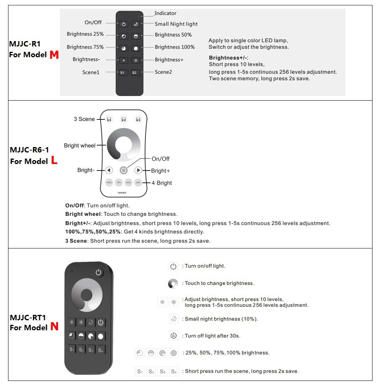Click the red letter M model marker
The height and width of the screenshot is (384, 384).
pos(54,55)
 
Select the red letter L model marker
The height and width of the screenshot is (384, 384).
pos(54,161)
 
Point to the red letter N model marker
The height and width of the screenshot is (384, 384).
pos(55,327)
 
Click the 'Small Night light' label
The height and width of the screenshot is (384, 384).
pos(176,24)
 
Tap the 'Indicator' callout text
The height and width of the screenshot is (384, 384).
pos(166,13)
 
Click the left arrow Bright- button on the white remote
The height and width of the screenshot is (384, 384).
pos(109,170)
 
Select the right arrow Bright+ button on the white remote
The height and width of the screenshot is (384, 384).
pos(138,170)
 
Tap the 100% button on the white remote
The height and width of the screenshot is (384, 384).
pos(109,183)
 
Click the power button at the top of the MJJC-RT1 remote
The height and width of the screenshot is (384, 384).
pos(99,273)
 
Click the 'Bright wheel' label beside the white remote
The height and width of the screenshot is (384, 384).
pos(80,146)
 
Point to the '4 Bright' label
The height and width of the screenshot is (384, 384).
pos(162,183)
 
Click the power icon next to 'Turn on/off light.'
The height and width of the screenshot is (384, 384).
pos(173,266)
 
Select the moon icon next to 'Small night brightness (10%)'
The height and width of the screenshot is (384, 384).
pos(173,319)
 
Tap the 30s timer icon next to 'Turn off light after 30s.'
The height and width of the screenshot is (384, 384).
pos(174,336)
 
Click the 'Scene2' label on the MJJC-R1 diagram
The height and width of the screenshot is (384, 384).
pos(163,72)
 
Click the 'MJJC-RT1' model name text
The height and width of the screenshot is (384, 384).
pos(28,318)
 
